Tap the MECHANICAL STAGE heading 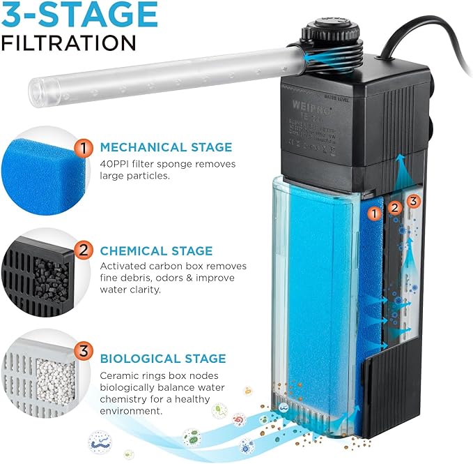[x=165, y=147]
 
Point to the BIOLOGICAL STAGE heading [x=163, y=359]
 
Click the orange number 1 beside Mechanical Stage [x=84, y=147]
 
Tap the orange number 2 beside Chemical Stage [x=84, y=250]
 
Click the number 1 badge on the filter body [x=375, y=211]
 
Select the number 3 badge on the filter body [x=414, y=202]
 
